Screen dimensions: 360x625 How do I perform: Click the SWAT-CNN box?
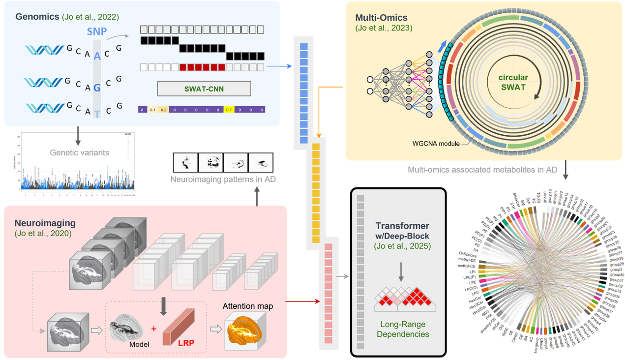point(204,89)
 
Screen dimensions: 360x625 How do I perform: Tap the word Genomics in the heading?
point(37,16)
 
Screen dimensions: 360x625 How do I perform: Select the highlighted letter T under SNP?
point(97,114)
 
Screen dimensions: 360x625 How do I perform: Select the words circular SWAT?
point(513,83)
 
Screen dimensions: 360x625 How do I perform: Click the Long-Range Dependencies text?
point(402,329)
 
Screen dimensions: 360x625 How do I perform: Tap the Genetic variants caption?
point(79,152)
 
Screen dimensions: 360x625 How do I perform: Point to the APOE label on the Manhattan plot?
point(128,134)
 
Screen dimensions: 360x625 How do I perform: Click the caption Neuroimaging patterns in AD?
point(223,179)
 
